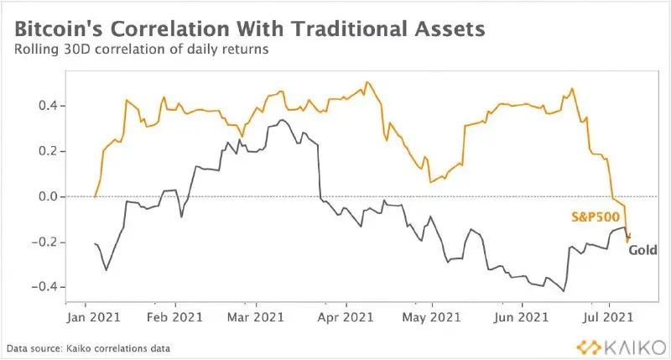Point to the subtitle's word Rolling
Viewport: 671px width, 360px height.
point(36,50)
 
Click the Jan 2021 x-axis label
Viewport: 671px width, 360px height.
point(94,317)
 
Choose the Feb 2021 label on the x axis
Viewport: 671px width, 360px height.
point(174,317)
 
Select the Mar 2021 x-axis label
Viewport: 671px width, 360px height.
point(256,317)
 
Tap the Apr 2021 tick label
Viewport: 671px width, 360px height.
point(346,317)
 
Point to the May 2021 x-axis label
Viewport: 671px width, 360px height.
point(431,317)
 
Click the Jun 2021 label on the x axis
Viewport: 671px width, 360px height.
point(521,317)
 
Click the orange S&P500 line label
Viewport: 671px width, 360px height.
point(596,217)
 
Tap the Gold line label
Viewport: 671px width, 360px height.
point(642,250)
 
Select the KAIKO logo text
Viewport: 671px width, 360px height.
point(636,347)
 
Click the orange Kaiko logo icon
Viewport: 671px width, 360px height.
point(589,347)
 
